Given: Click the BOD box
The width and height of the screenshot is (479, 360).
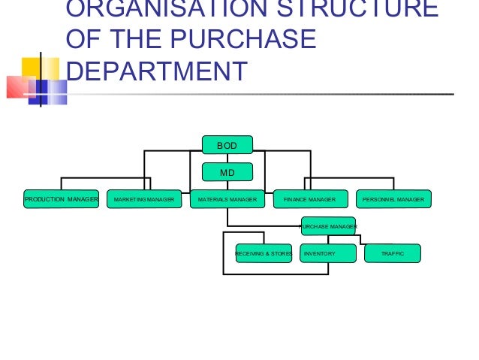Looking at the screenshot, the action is [227, 144].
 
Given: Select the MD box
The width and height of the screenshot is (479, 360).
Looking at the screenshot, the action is [227, 172].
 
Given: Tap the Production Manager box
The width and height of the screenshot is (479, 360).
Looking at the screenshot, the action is [61, 199].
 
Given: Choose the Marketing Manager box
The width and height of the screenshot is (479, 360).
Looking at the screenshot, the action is [144, 199].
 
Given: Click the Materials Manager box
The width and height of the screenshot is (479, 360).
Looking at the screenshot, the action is [227, 199].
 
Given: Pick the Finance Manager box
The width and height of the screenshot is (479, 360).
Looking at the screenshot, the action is [309, 199].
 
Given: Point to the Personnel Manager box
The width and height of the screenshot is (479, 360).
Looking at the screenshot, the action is [393, 199].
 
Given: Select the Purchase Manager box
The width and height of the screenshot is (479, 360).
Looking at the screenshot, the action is [329, 225].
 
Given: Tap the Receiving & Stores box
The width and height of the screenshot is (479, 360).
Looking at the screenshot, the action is [263, 254].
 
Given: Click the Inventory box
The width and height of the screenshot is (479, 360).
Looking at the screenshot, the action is [328, 254].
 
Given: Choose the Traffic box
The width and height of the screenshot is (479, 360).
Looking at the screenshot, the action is [393, 254].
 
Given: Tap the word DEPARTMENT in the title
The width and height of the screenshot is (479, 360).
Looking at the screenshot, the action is [156, 71].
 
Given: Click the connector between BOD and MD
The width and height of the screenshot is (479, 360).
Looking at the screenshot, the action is [227, 158].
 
